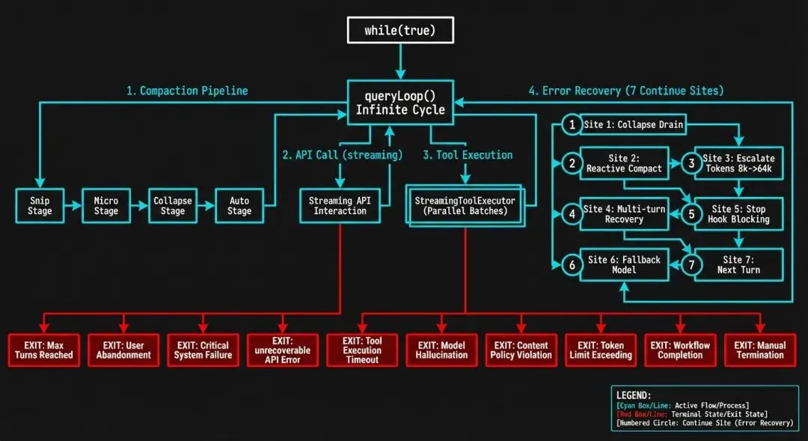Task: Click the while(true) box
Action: click(x=400, y=31)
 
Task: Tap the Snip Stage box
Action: click(x=40, y=206)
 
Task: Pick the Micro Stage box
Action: click(x=106, y=206)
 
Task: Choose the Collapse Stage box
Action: click(x=173, y=206)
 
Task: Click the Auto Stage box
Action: click(x=239, y=206)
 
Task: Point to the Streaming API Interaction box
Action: click(x=340, y=206)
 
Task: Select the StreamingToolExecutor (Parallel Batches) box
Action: click(x=465, y=206)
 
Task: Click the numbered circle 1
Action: click(x=572, y=125)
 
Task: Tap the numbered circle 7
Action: click(x=692, y=265)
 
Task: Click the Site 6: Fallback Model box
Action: click(x=624, y=264)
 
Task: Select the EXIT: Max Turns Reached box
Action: click(x=44, y=350)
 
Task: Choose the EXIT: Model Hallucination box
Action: click(x=441, y=350)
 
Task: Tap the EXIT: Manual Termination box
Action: click(x=760, y=350)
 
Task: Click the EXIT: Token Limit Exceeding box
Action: click(x=601, y=350)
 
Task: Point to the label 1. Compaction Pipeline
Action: click(x=186, y=91)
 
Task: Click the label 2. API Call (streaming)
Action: click(x=342, y=155)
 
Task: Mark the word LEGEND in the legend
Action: click(x=633, y=395)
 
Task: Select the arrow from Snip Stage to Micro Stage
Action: click(x=73, y=206)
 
